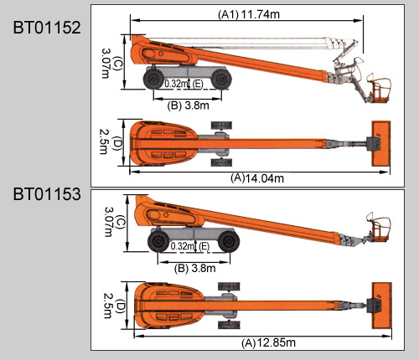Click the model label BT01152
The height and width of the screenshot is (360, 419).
(x=47, y=28)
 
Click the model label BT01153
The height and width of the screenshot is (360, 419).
(x=47, y=194)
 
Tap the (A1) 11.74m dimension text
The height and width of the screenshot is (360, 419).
(x=249, y=14)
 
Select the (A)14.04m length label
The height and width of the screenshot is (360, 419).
(x=257, y=178)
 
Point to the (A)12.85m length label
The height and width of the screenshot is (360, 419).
(x=268, y=342)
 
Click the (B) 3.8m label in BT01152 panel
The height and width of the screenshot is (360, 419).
(x=188, y=105)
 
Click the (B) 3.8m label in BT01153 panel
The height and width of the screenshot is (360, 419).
(x=195, y=269)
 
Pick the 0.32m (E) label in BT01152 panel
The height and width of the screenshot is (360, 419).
(x=184, y=84)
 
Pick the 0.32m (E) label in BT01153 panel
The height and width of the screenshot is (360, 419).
(x=189, y=246)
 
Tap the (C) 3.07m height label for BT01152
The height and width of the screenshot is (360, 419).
(x=111, y=64)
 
